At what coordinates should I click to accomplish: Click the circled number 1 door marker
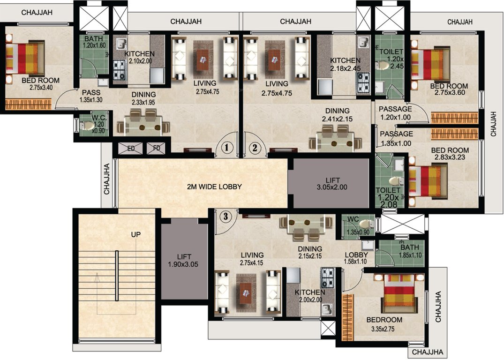click(227, 148)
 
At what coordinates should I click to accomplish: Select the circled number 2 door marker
click(255, 148)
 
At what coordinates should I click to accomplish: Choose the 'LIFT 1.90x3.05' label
click(184, 260)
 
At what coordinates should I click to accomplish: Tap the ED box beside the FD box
click(131, 149)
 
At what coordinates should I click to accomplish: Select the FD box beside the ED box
click(156, 149)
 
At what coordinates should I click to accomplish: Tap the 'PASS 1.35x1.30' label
click(91, 97)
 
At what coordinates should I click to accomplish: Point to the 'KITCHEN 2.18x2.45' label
click(345, 64)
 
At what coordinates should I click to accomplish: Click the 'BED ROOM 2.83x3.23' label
click(450, 154)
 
